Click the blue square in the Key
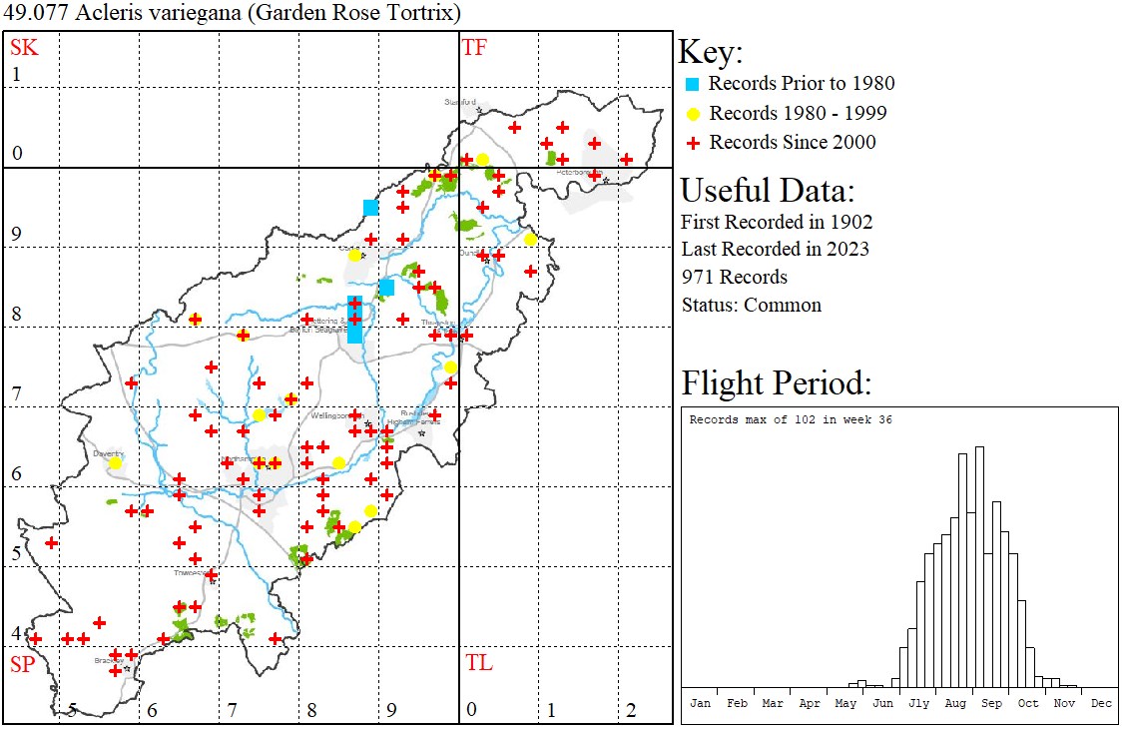tap(693, 84)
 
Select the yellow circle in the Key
tap(693, 113)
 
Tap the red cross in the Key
tap(693, 143)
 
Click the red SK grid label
tap(24, 47)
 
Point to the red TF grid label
tap(474, 47)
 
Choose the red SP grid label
tap(23, 664)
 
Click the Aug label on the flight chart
tap(955, 703)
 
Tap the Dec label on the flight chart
tap(1100, 703)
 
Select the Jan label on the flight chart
tap(701, 703)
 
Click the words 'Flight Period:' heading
tap(777, 382)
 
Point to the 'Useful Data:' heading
tap(767, 190)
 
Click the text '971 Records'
tap(734, 277)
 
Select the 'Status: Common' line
tap(751, 305)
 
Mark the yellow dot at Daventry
tap(115, 462)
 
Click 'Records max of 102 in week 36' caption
tap(791, 419)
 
